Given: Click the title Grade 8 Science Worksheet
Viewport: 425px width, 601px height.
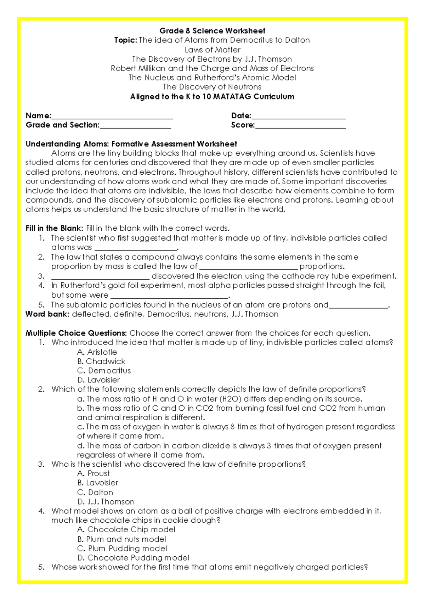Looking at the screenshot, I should pos(212,31).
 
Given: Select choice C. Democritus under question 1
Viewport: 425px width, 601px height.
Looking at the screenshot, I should pos(104,371).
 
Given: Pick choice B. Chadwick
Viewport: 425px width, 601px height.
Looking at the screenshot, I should pos(101,361).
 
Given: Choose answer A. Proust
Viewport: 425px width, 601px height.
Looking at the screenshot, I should pos(93,473).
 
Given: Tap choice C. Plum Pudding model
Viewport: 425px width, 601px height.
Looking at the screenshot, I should pos(122,549).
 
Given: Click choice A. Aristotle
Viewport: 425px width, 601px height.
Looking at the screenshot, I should pos(97,352).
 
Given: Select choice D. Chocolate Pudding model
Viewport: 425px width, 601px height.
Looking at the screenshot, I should pos(133,558).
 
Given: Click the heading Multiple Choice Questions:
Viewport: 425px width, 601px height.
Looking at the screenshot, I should pos(76,333).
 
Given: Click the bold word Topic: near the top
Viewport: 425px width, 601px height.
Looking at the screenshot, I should pos(125,40).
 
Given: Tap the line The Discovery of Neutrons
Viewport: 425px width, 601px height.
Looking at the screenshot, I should pos(212,87).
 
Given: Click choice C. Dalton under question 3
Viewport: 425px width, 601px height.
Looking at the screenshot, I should pos(95,493).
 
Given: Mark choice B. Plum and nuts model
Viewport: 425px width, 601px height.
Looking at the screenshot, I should pos(121,539).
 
